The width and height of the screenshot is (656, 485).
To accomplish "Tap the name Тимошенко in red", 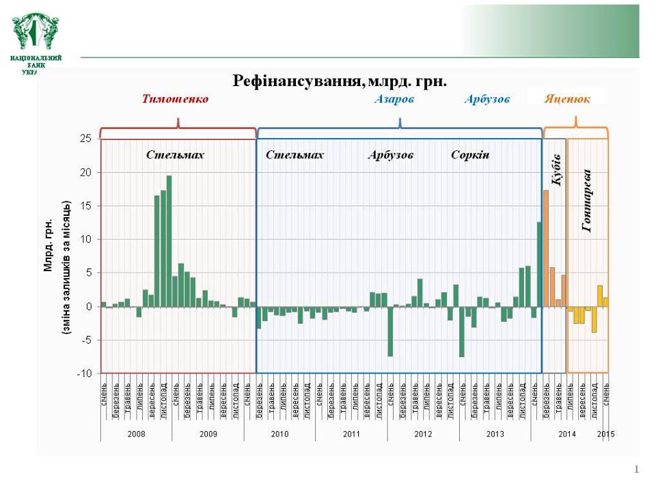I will [x=175, y=99].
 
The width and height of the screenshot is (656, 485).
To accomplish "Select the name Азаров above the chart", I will [x=394, y=99].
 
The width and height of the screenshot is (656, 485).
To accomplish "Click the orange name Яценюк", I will [x=567, y=99].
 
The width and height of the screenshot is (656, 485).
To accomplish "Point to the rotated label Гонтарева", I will [x=587, y=201].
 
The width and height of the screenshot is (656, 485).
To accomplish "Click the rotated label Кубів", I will [x=556, y=170].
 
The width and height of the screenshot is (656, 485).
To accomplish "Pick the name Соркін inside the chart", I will [x=470, y=155].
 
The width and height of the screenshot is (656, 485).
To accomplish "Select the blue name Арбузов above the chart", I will [x=487, y=99].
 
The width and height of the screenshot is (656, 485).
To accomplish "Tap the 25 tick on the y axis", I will [x=85, y=139].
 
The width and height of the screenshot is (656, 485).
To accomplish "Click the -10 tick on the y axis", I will [x=83, y=373].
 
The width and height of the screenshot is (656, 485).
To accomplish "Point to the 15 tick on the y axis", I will [x=85, y=206].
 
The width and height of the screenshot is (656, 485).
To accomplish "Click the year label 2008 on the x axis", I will [x=136, y=434].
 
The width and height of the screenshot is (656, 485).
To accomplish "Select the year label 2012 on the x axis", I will [x=423, y=434].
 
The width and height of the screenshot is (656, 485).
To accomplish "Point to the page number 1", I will [x=637, y=469].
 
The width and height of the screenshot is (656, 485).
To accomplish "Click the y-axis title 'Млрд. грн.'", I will [x=49, y=246].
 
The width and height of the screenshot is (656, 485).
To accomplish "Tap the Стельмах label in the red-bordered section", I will [x=175, y=155].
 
